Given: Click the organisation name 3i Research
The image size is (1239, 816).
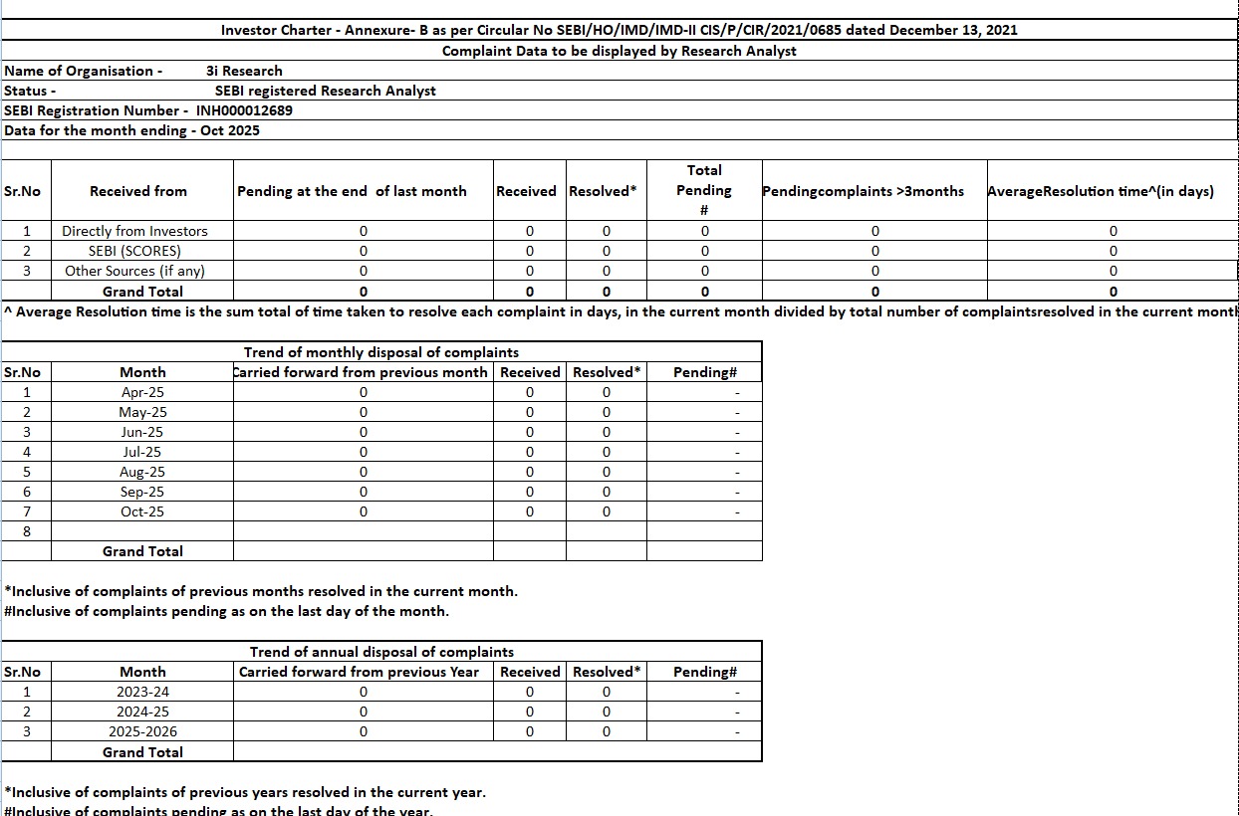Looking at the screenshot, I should pyautogui.click(x=244, y=71).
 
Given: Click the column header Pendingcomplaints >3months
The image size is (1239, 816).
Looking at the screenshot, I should pyautogui.click(x=863, y=191).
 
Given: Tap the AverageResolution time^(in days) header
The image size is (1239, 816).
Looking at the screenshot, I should pyautogui.click(x=1101, y=191).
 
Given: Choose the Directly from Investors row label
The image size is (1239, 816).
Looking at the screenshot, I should pyautogui.click(x=134, y=231).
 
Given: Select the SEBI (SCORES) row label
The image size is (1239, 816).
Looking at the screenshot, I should pyautogui.click(x=134, y=251).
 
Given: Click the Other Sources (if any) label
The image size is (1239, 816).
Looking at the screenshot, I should pyautogui.click(x=135, y=271).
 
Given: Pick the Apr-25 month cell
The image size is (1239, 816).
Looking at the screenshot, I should pyautogui.click(x=142, y=392).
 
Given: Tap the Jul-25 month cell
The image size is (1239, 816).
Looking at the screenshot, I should pyautogui.click(x=142, y=452).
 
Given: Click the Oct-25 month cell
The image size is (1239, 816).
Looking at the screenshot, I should pyautogui.click(x=142, y=511).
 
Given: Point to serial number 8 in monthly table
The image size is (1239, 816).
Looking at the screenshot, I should pyautogui.click(x=27, y=531).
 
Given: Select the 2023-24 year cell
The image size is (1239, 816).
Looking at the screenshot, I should pyautogui.click(x=142, y=692).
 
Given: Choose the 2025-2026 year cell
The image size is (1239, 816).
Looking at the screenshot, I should pyautogui.click(x=142, y=731).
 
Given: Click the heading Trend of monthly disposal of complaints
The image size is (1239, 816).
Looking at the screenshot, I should pyautogui.click(x=381, y=352).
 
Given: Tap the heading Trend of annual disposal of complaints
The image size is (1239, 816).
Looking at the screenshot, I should pyautogui.click(x=381, y=652).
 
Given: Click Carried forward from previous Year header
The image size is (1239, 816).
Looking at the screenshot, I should pyautogui.click(x=359, y=672).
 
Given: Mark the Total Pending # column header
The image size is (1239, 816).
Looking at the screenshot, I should pyautogui.click(x=704, y=190).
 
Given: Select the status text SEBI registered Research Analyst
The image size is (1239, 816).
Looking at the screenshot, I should pyautogui.click(x=326, y=91).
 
